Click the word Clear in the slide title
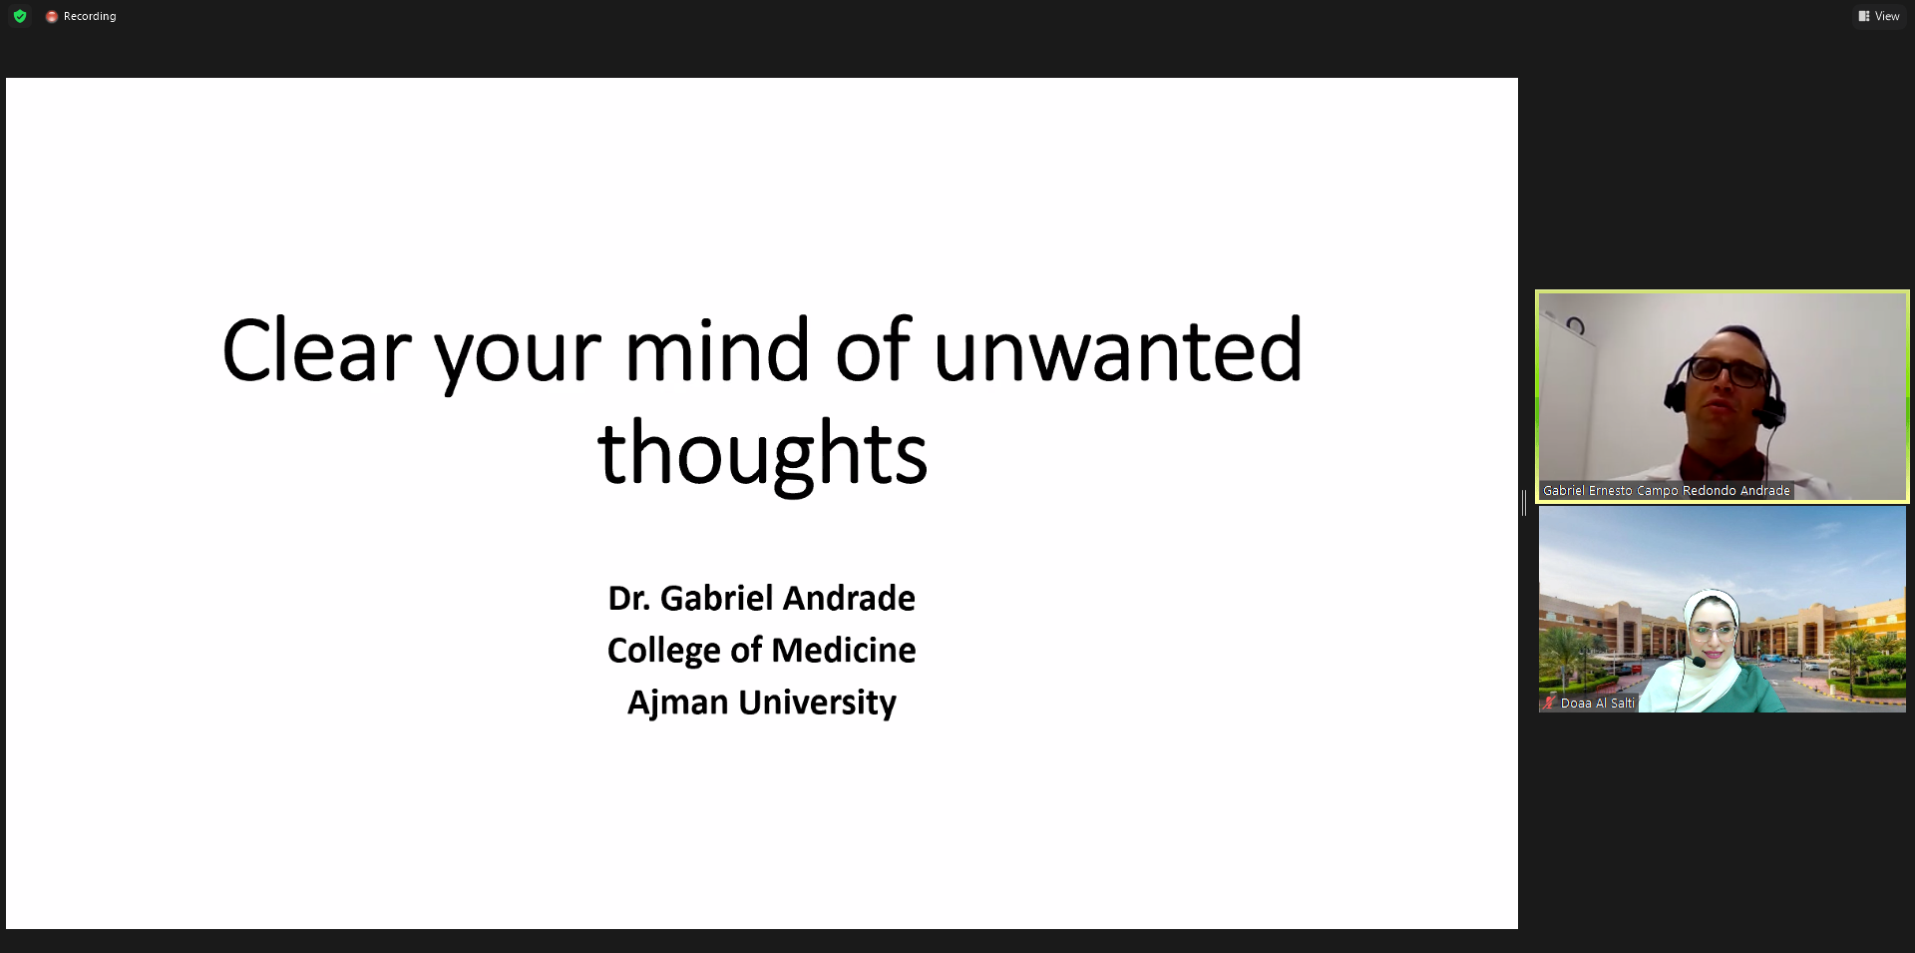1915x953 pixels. coord(316,350)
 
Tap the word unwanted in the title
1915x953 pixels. coord(1118,350)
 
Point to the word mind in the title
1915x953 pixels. coord(717,350)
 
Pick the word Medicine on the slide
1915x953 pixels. coord(844,650)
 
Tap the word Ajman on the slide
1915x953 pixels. coord(678,703)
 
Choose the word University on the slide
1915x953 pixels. coord(817,704)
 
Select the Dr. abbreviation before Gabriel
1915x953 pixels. coord(628,598)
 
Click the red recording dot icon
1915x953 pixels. coord(52,17)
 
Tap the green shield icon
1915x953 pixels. coord(20,16)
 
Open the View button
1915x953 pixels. coord(1879,16)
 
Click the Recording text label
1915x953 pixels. coord(90,16)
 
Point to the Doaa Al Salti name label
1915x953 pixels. coord(1598,704)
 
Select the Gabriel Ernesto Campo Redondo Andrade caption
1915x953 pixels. coord(1667,491)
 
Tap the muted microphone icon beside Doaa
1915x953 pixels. coord(1549,703)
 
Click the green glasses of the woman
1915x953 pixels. coord(1714,632)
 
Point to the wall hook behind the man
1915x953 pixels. coord(1575,324)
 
